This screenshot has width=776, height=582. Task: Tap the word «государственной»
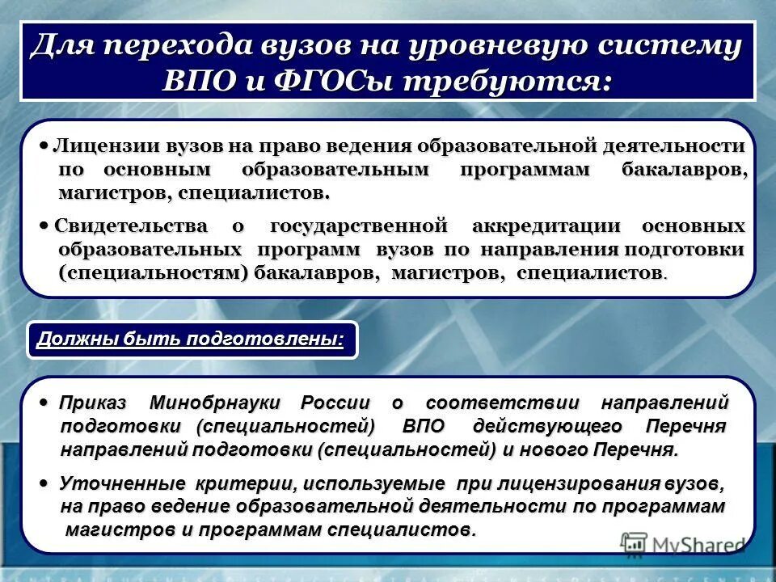click(x=359, y=226)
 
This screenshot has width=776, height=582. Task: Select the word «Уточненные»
click(x=122, y=484)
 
